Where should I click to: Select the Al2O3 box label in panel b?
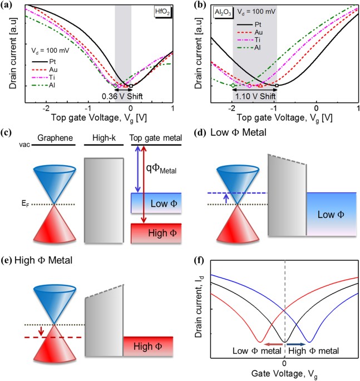pyautogui.click(x=224, y=12)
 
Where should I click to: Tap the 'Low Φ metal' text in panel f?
pyautogui.click(x=248, y=352)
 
